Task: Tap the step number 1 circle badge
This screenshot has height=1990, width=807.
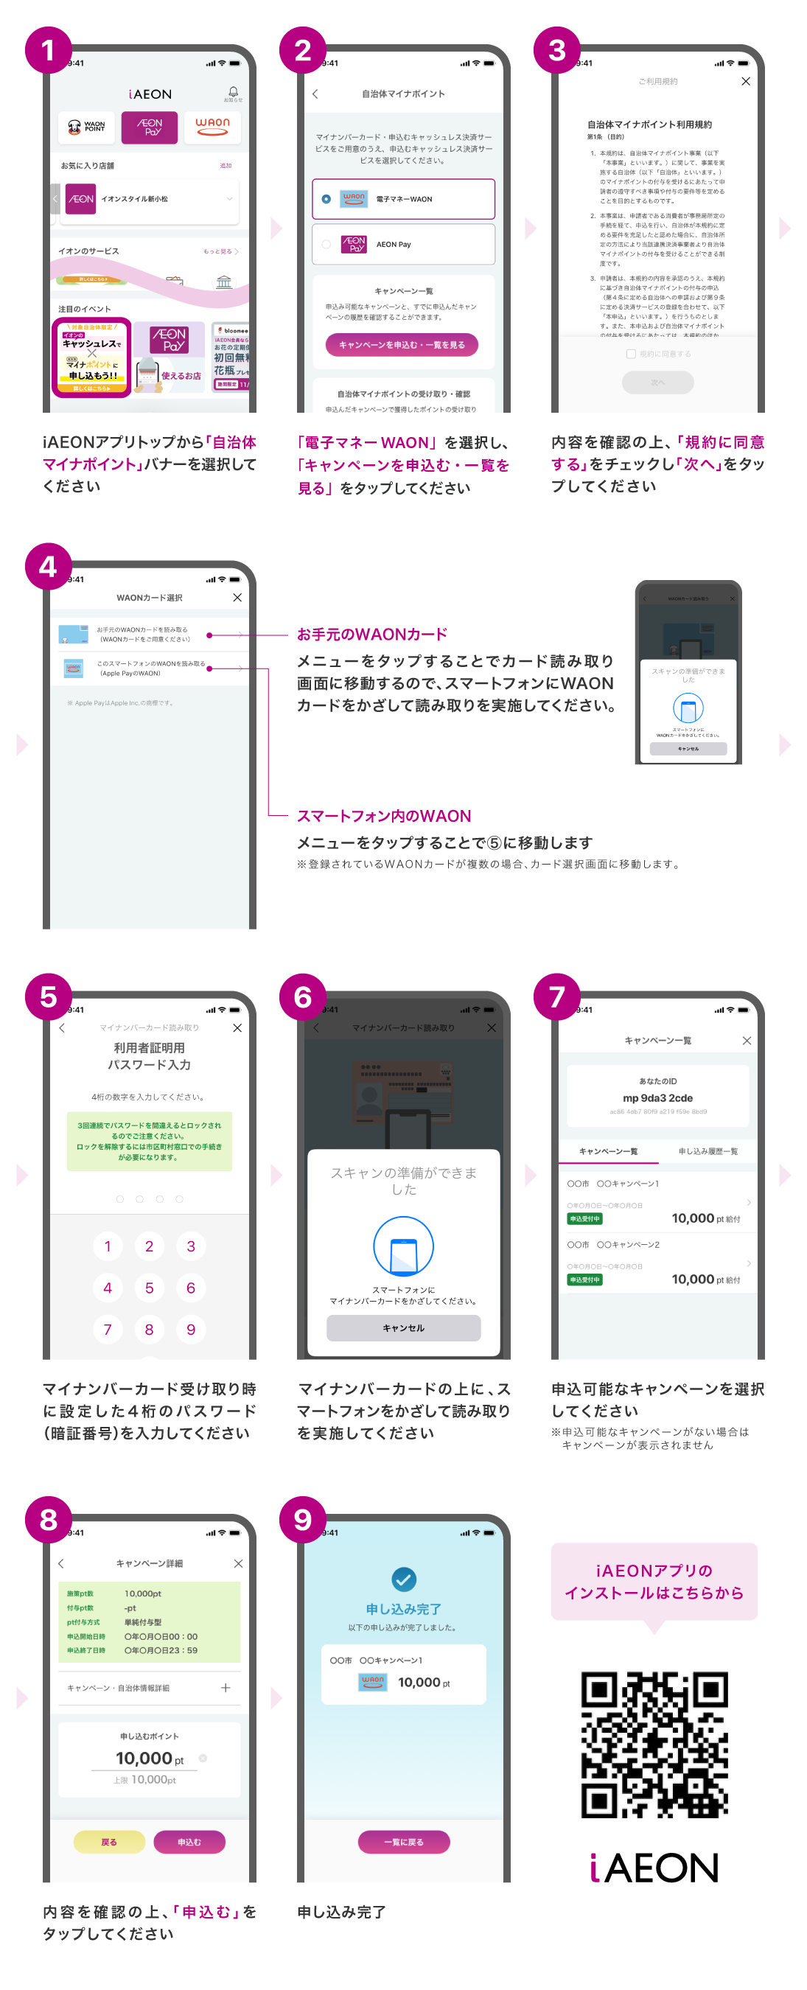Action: point(48,50)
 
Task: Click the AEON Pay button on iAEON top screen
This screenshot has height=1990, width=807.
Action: point(149,128)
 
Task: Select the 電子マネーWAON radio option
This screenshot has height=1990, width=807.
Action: point(326,199)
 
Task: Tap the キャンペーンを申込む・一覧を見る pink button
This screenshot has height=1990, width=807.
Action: point(402,344)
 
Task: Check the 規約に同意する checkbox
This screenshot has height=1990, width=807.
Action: point(631,354)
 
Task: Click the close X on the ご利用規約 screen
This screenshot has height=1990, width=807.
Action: point(745,81)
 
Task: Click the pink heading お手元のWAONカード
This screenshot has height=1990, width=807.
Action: point(372,635)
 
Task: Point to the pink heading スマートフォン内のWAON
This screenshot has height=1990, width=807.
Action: point(384,816)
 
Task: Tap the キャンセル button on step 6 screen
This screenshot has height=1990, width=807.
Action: point(403,1328)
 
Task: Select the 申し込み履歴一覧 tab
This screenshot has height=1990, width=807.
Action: point(708,1151)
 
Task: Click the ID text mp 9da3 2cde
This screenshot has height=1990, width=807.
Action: point(658,1097)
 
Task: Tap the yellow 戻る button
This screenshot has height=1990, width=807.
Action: point(109,1842)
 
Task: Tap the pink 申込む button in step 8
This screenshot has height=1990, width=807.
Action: point(189,1842)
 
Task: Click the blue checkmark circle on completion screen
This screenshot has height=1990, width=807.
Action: point(403,1579)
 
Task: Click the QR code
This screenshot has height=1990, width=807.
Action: point(654,1744)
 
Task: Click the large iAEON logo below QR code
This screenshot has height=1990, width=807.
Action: point(654,1867)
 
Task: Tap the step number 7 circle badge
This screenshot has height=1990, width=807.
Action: point(556,996)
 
